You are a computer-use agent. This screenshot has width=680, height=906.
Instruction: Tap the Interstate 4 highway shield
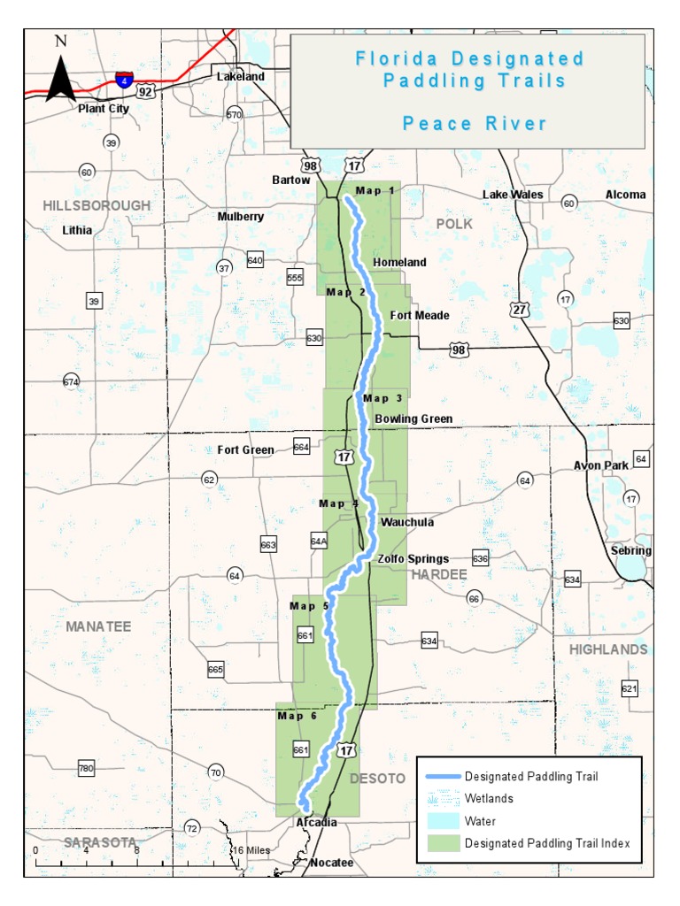[x=124, y=81]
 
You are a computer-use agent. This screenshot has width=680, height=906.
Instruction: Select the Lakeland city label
[x=241, y=77]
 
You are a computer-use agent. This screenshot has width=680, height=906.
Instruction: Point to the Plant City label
[x=104, y=109]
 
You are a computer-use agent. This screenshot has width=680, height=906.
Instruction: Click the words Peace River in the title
[x=475, y=123]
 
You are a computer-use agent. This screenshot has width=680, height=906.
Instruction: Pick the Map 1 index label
[x=376, y=190]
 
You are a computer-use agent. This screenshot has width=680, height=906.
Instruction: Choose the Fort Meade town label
[x=420, y=316]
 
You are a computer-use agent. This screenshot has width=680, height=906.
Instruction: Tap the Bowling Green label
[x=413, y=418]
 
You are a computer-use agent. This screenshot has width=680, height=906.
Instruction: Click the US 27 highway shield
[x=519, y=309]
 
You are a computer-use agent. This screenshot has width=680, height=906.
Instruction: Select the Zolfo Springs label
[x=413, y=559]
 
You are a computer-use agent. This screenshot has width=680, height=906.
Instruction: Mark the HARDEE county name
[x=437, y=575]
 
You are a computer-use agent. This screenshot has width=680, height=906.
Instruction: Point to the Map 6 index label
[x=297, y=716]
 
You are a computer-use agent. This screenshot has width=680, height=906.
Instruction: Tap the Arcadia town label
[x=316, y=823]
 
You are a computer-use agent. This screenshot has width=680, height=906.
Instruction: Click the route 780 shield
[x=86, y=768]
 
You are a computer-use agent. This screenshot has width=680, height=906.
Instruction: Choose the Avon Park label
[x=600, y=465]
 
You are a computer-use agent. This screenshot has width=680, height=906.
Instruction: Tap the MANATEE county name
[x=97, y=626]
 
